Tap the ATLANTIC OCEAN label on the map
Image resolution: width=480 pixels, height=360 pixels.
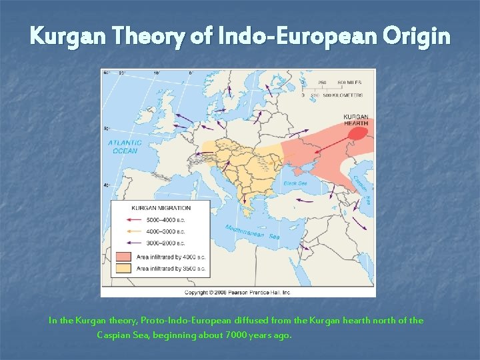125,147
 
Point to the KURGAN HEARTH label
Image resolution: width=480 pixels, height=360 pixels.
355,120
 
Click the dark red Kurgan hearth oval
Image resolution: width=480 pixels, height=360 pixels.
357,133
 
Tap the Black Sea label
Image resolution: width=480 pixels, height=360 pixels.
295,183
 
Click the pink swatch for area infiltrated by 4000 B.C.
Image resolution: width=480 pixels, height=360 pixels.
123,256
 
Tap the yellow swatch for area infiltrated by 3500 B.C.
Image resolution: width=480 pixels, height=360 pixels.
123,268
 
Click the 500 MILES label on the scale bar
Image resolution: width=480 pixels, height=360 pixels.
349,83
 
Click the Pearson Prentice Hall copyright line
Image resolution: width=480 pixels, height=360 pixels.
237,292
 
